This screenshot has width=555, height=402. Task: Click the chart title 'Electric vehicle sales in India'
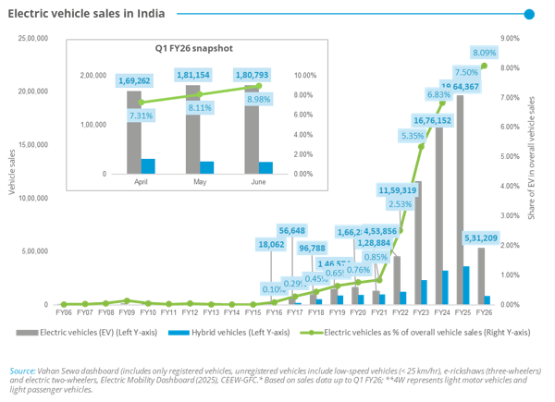(86, 14)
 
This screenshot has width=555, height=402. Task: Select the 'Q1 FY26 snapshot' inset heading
(192, 46)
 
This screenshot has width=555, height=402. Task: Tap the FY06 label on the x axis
(63, 313)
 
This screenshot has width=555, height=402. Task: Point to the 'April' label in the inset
(141, 182)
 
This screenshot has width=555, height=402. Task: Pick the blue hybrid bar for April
(148, 166)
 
